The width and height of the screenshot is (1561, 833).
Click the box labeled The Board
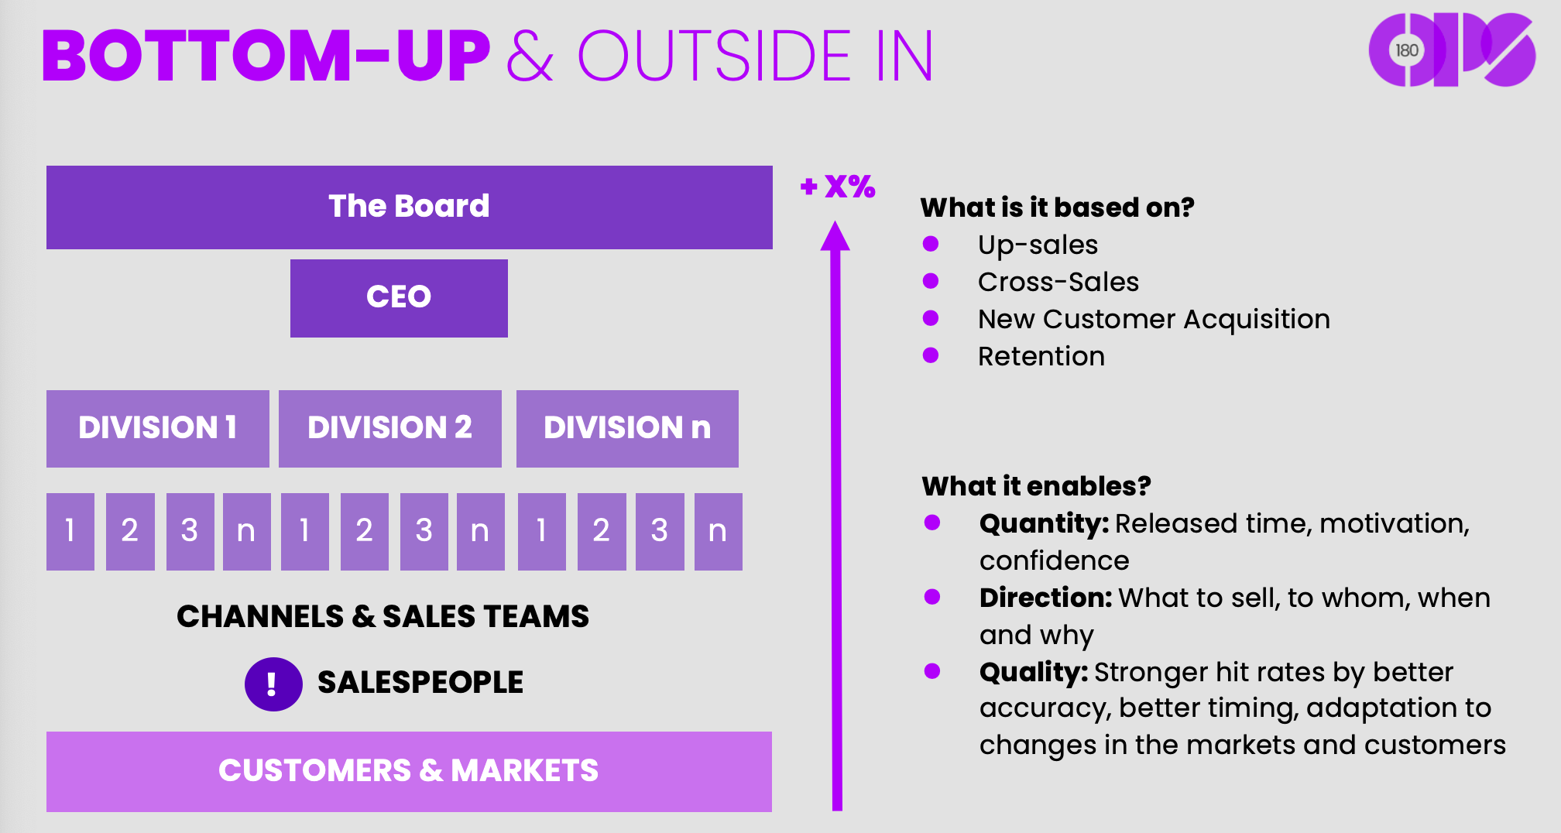409,207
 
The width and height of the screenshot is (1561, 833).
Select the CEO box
399,297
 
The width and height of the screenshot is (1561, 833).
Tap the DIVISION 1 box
157,428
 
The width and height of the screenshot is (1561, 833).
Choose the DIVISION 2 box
389,428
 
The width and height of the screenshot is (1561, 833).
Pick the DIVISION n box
627,428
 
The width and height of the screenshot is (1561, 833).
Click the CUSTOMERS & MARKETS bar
409,771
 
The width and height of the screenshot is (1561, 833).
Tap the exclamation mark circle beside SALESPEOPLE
273,684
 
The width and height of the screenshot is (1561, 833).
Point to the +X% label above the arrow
838,187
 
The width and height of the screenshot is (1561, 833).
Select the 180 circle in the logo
1406,51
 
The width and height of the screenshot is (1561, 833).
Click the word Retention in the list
1041,356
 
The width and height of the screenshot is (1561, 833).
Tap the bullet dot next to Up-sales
931,245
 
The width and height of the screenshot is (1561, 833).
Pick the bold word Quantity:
1044,524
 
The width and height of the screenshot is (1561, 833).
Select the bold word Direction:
1045,598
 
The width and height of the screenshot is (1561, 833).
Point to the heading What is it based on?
1057,207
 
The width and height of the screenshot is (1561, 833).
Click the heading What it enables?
1036,486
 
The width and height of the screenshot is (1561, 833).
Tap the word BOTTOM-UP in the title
266,56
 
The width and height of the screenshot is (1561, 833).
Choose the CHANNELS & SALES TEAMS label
383,616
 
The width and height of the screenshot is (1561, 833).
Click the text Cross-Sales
1058,282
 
